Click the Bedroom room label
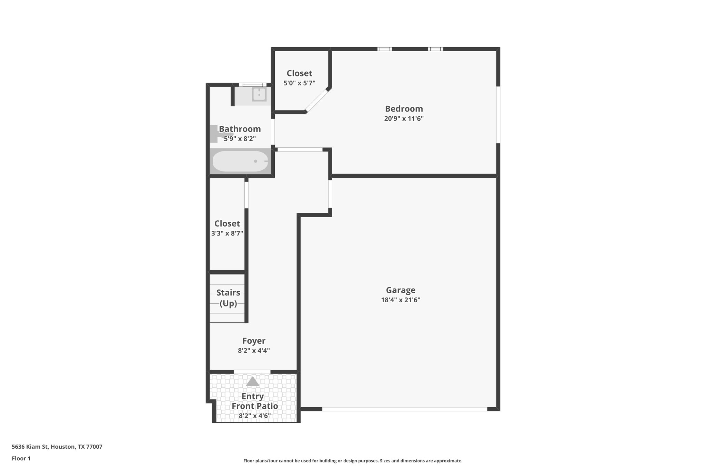pos(404,109)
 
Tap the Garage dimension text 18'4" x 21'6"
pos(400,300)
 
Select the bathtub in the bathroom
pos(240,161)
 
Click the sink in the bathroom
pos(259,94)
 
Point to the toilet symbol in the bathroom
pos(217,134)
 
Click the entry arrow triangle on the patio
pos(252,382)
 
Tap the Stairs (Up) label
pos(228,298)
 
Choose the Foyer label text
pos(254,341)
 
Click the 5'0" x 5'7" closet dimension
pos(299,83)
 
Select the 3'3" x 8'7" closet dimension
pos(227,233)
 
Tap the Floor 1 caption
pos(21,458)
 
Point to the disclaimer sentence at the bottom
pos(353,461)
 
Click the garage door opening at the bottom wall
pos(404,409)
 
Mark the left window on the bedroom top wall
pos(384,49)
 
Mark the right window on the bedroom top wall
pos(435,49)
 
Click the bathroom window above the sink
pos(253,85)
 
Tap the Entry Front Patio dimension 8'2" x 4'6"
pos(254,416)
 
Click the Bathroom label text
pos(240,129)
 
